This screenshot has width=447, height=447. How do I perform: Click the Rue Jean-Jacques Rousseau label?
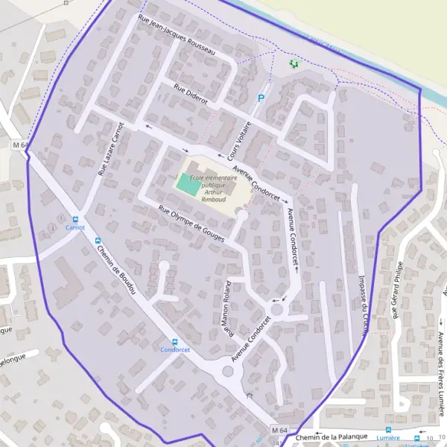[177, 35]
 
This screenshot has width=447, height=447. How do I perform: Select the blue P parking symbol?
[261, 98]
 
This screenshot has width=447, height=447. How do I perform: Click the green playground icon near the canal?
[294, 65]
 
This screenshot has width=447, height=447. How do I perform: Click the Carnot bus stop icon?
[74, 219]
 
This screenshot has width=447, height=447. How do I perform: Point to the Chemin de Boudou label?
[117, 272]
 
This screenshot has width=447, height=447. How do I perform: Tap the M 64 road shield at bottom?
[279, 431]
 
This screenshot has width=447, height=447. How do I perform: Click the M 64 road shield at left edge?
[19, 145]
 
